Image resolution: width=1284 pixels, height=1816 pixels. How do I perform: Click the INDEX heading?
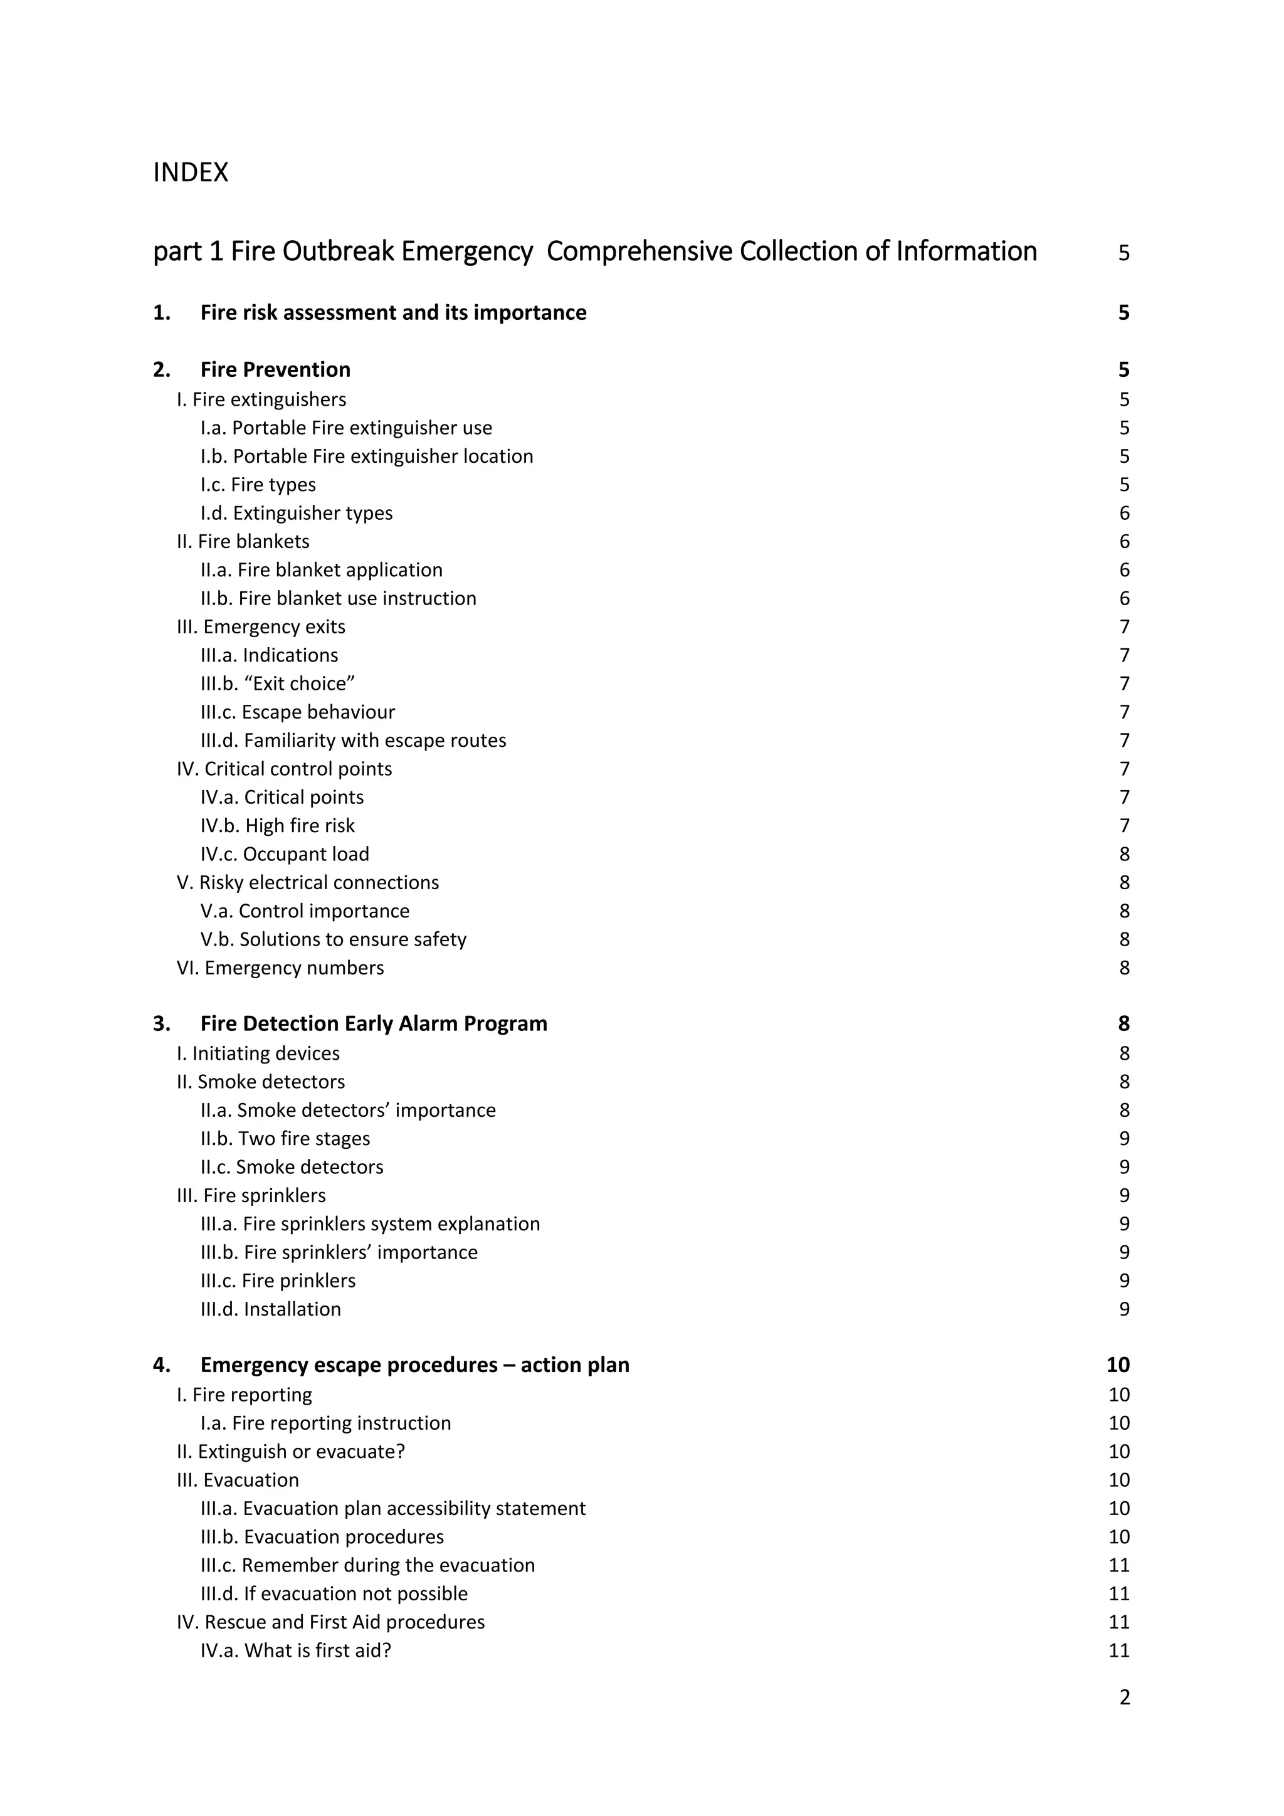pos(191,172)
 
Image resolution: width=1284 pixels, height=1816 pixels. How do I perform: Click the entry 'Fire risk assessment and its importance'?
pos(393,312)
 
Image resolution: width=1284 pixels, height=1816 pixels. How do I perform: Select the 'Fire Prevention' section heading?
pos(275,369)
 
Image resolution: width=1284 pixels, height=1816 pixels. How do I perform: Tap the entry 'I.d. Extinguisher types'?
pos(297,514)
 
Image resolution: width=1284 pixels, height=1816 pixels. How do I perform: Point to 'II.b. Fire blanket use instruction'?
pos(339,599)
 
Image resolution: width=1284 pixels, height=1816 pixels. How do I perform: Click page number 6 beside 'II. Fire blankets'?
pos(1124,542)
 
